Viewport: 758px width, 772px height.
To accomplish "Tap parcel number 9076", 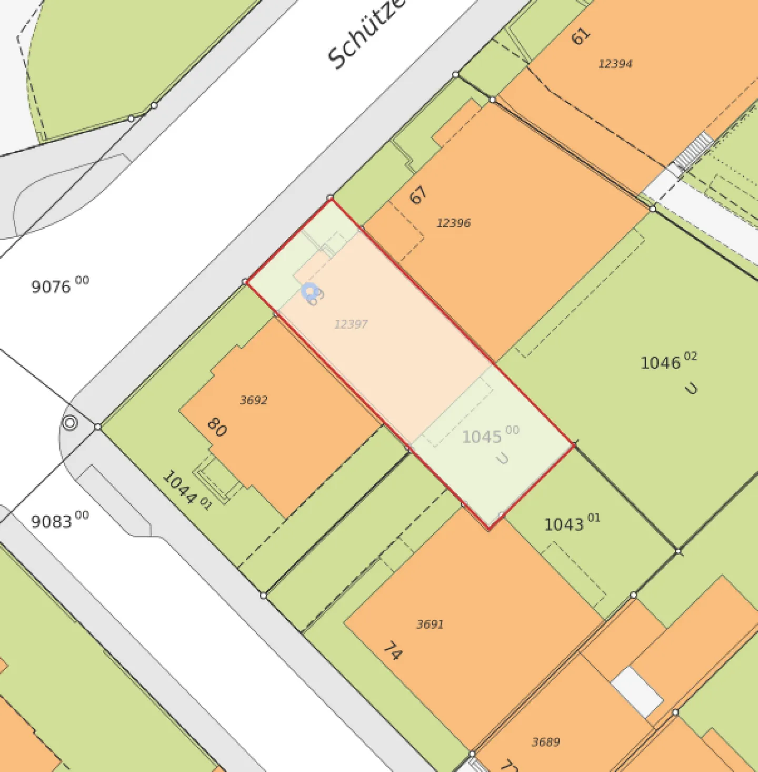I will tap(52, 287).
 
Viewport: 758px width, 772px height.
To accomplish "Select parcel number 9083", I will tap(52, 522).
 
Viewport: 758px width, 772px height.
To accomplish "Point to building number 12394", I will tap(615, 64).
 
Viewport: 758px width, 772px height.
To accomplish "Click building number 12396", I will tap(453, 223).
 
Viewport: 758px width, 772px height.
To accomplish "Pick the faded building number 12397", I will tap(351, 324).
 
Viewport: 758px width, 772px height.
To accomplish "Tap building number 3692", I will tap(254, 400).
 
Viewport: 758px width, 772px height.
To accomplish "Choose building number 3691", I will tap(430, 625).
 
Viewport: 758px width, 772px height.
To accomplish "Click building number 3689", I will tap(546, 742).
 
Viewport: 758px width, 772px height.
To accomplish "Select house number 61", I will tap(581, 36).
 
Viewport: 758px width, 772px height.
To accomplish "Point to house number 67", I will tap(418, 195).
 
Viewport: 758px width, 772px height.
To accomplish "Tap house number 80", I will tap(217, 427).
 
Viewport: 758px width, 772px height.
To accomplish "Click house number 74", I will tap(393, 651).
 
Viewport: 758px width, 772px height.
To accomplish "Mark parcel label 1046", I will tap(661, 363).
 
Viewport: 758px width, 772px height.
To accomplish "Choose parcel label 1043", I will tap(564, 524).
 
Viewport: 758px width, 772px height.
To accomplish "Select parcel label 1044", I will tap(181, 487).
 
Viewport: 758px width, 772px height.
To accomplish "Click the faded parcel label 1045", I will tap(482, 437).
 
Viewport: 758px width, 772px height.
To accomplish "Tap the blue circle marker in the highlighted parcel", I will tap(311, 291).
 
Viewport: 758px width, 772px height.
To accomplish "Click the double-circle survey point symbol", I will tap(69, 422).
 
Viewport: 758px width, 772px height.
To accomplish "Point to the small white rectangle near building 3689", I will tap(636, 691).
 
